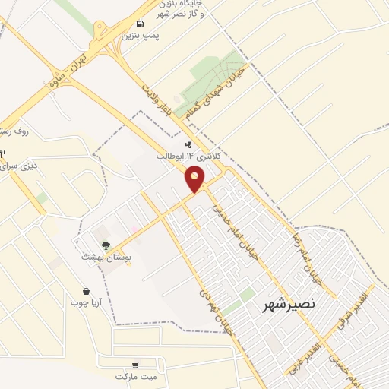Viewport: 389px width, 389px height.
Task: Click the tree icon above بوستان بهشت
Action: (x=105, y=245)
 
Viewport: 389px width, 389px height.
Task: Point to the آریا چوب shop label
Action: (x=96, y=305)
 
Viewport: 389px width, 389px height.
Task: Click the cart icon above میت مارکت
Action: (x=135, y=364)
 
